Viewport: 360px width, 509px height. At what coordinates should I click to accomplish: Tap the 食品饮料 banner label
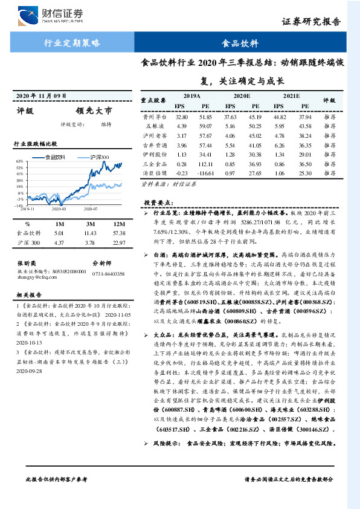click(240, 44)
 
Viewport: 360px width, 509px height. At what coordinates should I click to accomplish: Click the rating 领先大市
click(94, 111)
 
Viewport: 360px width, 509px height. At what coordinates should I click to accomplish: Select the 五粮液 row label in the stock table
click(155, 126)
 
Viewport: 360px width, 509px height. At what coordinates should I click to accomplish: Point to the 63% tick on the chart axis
click(20, 161)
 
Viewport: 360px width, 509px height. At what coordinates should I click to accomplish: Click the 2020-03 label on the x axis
click(59, 209)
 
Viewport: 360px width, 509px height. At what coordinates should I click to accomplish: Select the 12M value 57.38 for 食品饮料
click(119, 232)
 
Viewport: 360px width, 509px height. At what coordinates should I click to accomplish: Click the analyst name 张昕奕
click(28, 264)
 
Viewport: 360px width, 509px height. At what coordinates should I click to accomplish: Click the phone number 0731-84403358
click(108, 274)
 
